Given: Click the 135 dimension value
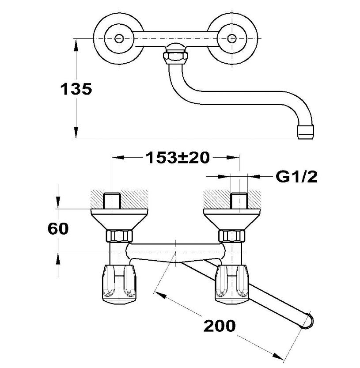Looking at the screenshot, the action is click(x=76, y=89).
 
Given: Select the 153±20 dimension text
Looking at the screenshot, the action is click(x=178, y=157).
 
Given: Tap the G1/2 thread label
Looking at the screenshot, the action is click(x=297, y=177).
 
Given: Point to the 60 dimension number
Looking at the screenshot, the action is click(x=58, y=229).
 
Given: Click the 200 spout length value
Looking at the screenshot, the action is click(x=220, y=326).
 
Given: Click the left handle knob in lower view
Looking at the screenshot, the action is click(x=119, y=284).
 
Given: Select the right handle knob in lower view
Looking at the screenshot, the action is click(x=232, y=284).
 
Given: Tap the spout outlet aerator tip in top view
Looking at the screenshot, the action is click(x=305, y=132).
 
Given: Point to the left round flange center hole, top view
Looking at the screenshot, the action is click(x=119, y=38).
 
